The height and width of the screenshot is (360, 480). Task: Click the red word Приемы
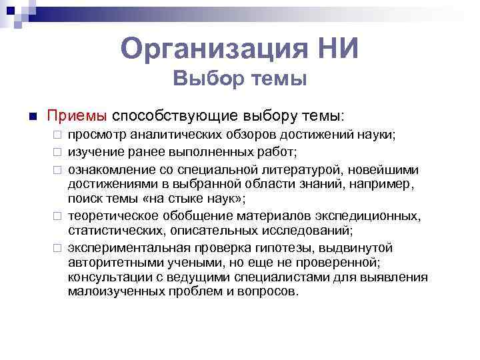[x=76, y=115]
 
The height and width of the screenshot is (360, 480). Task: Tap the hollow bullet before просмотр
[x=57, y=135]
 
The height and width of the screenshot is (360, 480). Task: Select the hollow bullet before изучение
[x=57, y=151]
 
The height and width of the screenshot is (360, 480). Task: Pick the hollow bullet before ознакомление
[x=57, y=167]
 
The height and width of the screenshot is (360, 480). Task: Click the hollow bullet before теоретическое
[x=57, y=215]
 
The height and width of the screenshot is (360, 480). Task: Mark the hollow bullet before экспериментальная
[x=57, y=247]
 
